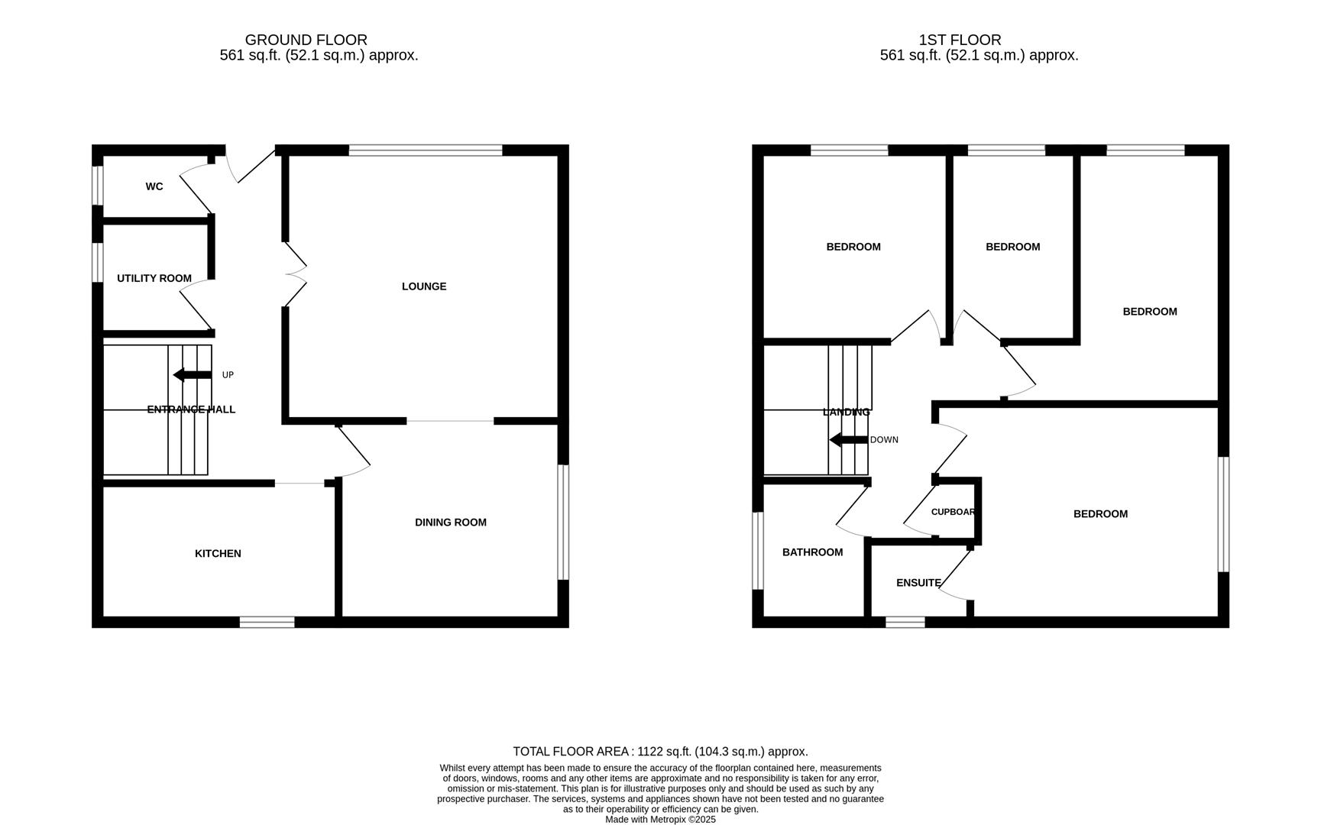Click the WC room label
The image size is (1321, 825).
pos(154,186)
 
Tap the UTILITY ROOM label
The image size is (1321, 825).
pos(154,278)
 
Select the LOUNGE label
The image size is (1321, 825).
pos(424,286)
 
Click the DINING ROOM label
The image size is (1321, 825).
pos(451,522)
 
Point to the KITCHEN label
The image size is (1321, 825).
pos(218,554)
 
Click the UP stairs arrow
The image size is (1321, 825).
pos(192,375)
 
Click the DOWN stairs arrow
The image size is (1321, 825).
pos(848,440)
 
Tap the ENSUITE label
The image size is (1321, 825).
pos(918,583)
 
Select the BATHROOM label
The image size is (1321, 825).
pos(813,552)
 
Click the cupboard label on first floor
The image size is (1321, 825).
pos(953,512)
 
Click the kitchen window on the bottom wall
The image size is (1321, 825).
pos(267,623)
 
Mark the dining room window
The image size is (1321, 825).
pos(563,522)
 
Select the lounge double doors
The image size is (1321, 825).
pos(295,275)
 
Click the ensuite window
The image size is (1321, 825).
pos(905,623)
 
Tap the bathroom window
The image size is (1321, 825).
pos(758,551)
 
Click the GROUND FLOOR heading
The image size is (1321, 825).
pos(306,40)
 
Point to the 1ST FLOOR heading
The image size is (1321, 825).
pos(960,40)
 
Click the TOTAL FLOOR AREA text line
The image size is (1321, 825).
pos(660,752)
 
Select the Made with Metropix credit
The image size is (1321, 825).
pos(660,820)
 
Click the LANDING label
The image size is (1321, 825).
pos(846,412)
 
